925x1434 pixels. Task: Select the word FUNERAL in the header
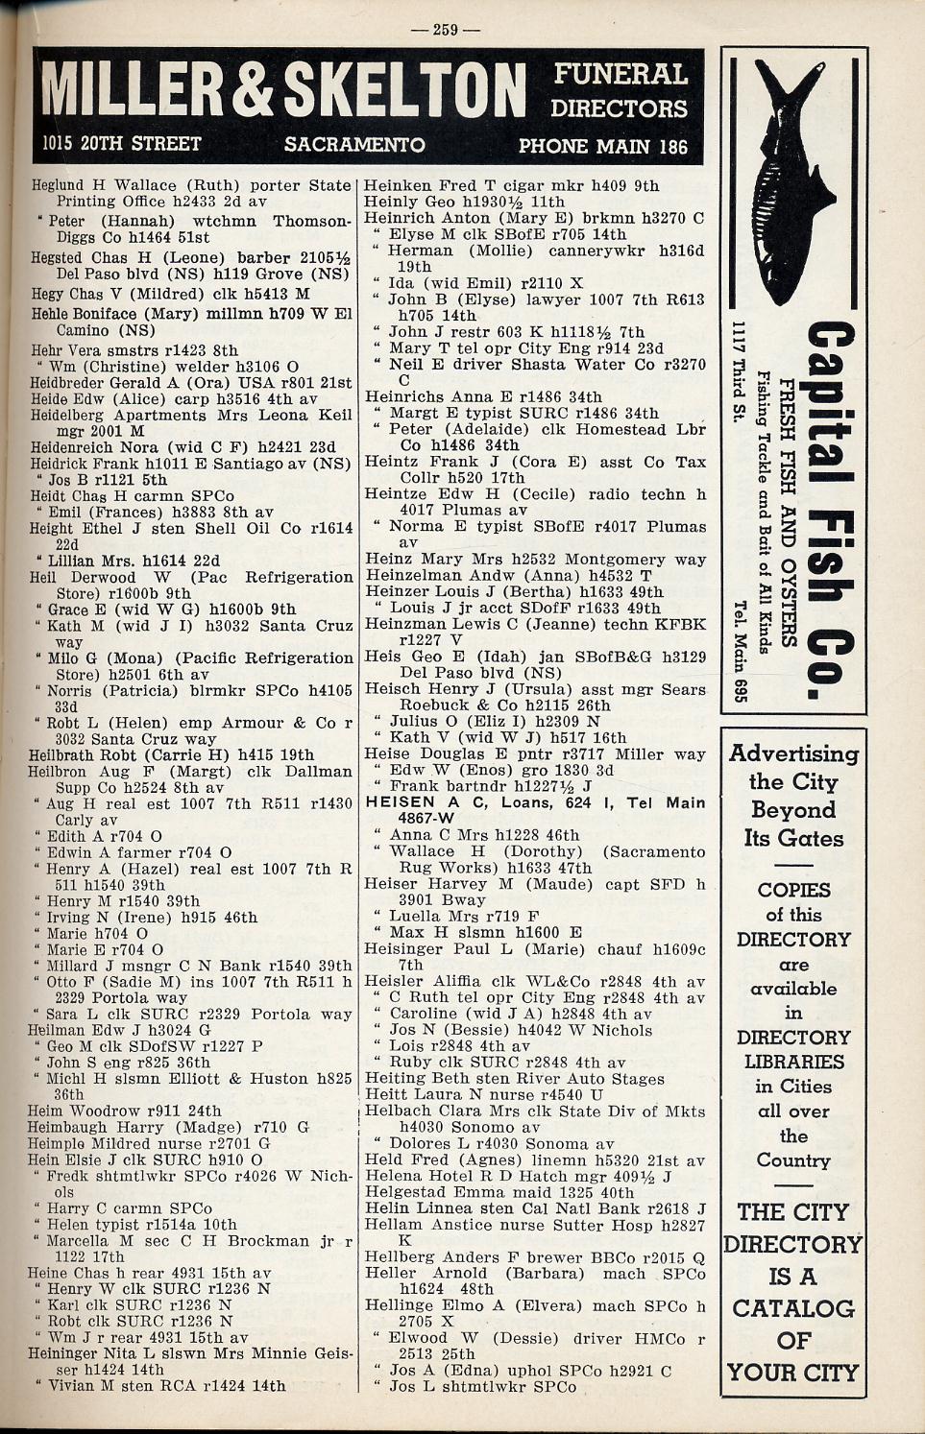coord(620,75)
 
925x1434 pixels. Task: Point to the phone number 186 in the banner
coord(672,146)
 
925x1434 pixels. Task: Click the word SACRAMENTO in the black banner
coord(354,145)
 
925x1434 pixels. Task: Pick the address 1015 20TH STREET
coord(122,145)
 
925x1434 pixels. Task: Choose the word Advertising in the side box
coord(793,753)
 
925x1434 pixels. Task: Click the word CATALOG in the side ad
coord(793,1308)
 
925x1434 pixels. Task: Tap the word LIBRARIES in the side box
coord(793,1062)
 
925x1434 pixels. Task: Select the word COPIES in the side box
coord(793,890)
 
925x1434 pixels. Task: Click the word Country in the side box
coord(793,1160)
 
